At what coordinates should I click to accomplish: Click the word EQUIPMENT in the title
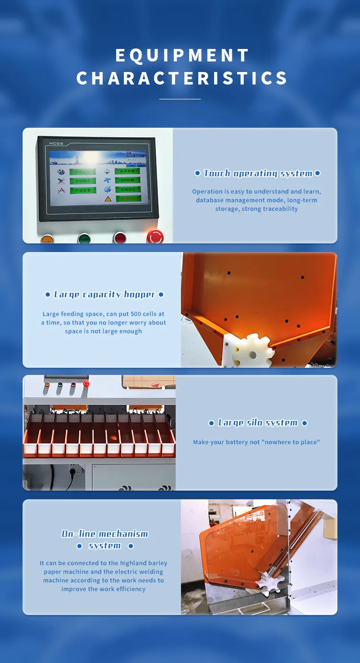tap(182, 56)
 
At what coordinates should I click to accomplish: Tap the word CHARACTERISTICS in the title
tap(182, 78)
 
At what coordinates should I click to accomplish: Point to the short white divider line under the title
tap(180, 99)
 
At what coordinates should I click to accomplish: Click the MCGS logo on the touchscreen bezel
tap(57, 144)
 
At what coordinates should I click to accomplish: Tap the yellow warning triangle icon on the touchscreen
tap(108, 198)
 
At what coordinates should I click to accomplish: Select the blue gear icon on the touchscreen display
tap(108, 189)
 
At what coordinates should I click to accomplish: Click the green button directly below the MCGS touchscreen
tap(84, 238)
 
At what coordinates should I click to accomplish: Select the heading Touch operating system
tap(257, 173)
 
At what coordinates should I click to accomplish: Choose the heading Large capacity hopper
tap(104, 294)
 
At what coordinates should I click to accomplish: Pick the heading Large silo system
tap(257, 422)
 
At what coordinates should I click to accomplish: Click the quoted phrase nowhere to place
tap(290, 442)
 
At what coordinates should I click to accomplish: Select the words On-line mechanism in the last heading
tap(105, 534)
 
